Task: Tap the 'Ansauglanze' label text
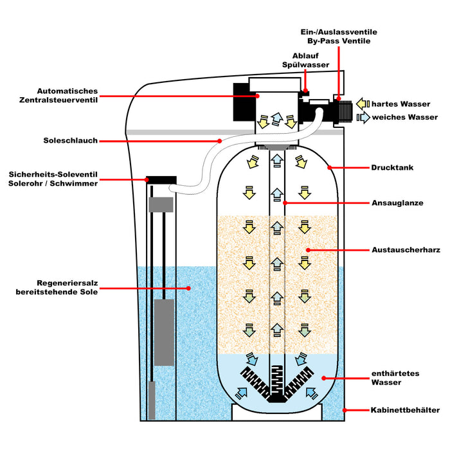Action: tap(397, 203)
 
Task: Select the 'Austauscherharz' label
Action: tap(405, 249)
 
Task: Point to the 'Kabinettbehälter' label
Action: tap(405, 410)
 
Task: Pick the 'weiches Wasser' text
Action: tap(403, 117)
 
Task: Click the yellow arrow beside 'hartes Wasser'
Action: tap(363, 103)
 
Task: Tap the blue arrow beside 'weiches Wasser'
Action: tap(363, 117)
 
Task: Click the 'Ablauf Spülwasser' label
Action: tap(310, 60)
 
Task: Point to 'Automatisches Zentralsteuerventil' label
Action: tap(67, 96)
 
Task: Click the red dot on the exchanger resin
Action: tap(308, 249)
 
